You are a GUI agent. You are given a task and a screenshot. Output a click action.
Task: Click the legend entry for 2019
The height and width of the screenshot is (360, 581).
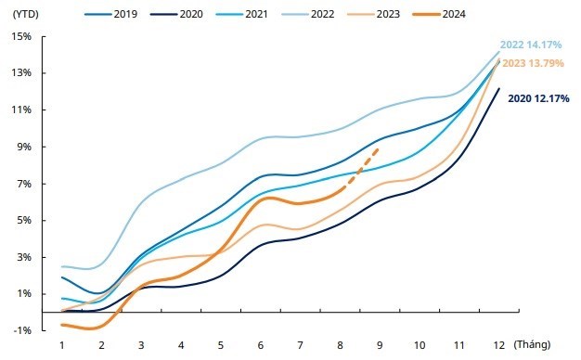coord(110,14)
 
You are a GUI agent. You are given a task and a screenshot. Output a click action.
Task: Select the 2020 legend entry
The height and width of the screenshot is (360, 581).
coord(176,14)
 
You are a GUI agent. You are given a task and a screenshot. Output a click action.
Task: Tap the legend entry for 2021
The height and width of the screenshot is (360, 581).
coord(241,14)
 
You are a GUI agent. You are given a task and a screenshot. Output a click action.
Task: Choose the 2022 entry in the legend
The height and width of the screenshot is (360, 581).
coord(308,14)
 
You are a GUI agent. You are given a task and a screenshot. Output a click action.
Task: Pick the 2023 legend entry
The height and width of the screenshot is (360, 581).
coord(373,14)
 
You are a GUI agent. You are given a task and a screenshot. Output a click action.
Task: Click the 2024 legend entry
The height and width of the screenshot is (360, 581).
coord(439,14)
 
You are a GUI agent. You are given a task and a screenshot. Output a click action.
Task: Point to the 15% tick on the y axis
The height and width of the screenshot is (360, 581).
coord(22,37)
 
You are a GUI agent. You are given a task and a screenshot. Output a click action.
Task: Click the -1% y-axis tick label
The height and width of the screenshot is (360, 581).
coord(22,330)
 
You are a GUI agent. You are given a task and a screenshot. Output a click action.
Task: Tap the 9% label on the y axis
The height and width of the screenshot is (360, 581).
coord(24,147)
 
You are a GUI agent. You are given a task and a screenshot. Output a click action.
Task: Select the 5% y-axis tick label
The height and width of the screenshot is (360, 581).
coord(24,220)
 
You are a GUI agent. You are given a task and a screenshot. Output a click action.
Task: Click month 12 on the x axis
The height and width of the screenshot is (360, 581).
coord(499,345)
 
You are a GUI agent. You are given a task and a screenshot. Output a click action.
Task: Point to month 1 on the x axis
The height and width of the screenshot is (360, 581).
coord(62,345)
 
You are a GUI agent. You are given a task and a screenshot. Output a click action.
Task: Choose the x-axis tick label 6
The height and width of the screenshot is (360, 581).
coord(261,345)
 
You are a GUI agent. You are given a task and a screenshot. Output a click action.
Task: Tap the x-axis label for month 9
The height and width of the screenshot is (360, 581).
coord(380,345)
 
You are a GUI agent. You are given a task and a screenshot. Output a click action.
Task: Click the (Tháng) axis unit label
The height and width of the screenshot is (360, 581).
coord(532,344)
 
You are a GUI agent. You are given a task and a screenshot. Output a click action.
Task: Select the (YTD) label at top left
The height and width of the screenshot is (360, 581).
coord(26,14)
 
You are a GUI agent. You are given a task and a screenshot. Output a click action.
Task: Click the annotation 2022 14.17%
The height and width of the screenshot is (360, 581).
coord(531,45)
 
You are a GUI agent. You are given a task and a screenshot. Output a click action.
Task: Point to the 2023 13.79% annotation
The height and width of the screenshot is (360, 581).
coord(533,63)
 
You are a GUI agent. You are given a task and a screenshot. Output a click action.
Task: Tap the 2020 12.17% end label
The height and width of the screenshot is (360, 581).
coord(538,98)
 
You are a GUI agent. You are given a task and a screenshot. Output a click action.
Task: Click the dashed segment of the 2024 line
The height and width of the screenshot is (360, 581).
coord(360,170)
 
